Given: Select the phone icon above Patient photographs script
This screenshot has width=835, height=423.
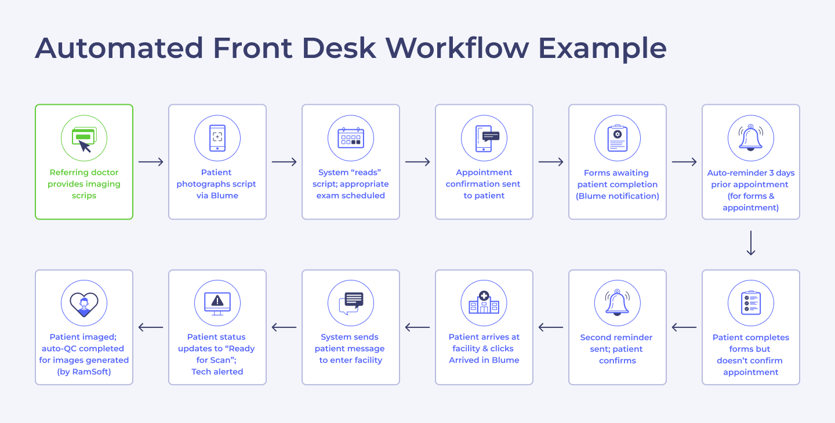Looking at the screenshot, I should [x=217, y=138].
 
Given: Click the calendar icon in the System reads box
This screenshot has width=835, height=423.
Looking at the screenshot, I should [x=351, y=138].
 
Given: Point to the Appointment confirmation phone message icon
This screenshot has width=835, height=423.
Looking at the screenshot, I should [x=484, y=138].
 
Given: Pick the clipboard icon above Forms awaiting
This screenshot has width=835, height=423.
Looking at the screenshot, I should [x=618, y=138].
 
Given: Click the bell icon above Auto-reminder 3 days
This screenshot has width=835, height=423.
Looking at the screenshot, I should [x=751, y=138].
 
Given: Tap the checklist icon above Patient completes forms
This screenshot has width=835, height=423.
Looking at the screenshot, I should [x=751, y=303].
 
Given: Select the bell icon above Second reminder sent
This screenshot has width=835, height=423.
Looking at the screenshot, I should [x=618, y=303].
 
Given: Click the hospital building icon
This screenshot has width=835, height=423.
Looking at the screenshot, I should [x=484, y=303].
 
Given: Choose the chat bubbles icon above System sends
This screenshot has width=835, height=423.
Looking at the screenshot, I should [x=351, y=303].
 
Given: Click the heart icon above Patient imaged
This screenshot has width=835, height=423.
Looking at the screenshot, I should [x=84, y=303].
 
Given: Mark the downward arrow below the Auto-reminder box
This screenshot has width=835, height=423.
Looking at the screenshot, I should [x=751, y=243].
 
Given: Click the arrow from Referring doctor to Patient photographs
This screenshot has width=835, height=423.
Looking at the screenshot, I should [x=151, y=162].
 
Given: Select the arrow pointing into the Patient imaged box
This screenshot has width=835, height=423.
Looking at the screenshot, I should [x=151, y=328].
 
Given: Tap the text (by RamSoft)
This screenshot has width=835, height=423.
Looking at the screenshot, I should [x=84, y=372].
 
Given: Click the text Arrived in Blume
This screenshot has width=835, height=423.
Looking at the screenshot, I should [x=484, y=360].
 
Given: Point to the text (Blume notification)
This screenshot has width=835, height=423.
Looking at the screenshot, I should [x=618, y=196].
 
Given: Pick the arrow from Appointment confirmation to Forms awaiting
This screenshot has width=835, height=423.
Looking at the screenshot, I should [x=551, y=162].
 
